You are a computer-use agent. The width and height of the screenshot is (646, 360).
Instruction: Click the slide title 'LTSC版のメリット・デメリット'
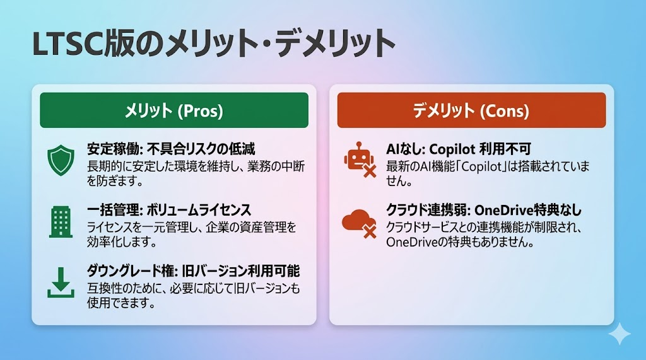pos(213,44)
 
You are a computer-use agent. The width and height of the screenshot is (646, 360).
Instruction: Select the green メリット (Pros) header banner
pos(174,110)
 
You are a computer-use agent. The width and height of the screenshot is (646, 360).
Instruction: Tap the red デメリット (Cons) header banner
pos(471,110)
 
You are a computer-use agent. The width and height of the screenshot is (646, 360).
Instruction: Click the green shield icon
pos(61,160)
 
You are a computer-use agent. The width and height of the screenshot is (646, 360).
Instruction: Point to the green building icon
pos(61,221)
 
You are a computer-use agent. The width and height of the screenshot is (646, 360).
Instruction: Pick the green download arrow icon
pos(61,282)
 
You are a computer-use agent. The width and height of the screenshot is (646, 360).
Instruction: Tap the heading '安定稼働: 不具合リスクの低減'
pos(171,149)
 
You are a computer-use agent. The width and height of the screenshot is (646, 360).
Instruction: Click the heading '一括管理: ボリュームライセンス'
pos(169,210)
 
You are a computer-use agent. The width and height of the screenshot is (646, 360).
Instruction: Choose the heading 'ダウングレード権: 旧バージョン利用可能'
pos(193,271)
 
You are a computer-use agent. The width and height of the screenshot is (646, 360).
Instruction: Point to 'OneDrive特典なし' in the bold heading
pos(528,210)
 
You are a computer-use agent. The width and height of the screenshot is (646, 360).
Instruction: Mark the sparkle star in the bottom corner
pos(620,334)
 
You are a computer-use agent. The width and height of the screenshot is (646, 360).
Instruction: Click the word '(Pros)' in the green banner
pos(200,111)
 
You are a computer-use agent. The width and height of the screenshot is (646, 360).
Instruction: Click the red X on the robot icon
pos(370,170)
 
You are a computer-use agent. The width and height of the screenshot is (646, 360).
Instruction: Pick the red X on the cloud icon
pos(370,232)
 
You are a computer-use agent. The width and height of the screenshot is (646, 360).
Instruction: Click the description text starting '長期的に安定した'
pos(196,173)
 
